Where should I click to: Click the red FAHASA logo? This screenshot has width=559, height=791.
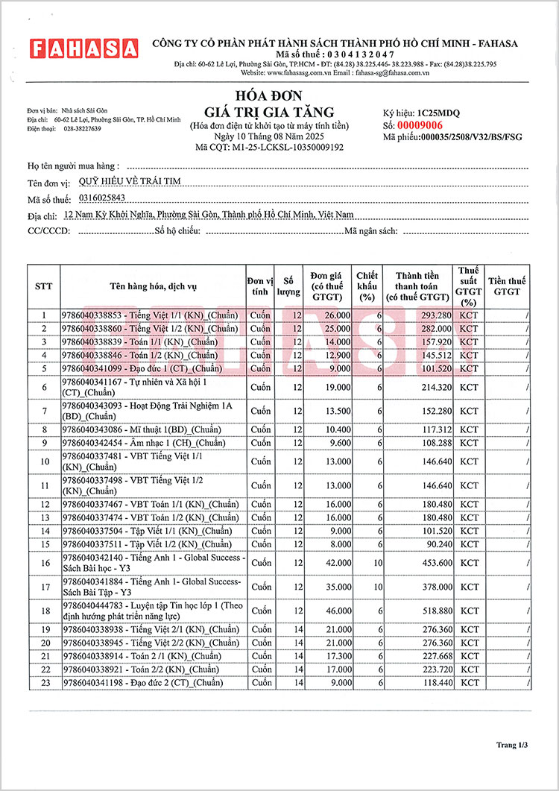pyautogui.click(x=83, y=49)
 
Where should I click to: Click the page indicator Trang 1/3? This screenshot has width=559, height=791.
pyautogui.click(x=513, y=745)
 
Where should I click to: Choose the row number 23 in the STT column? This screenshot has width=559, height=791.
pyautogui.click(x=44, y=683)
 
